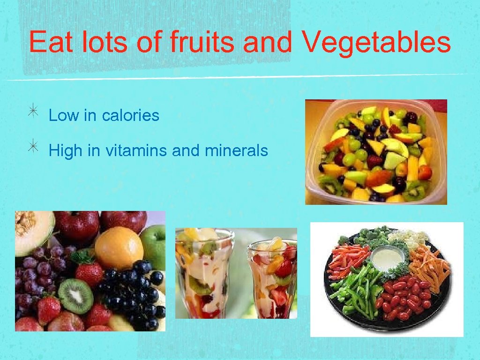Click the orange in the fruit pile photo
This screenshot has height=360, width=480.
point(119,247)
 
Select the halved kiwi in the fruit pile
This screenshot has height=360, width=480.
point(75,296)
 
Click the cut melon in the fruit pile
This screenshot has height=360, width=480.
point(33,230)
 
